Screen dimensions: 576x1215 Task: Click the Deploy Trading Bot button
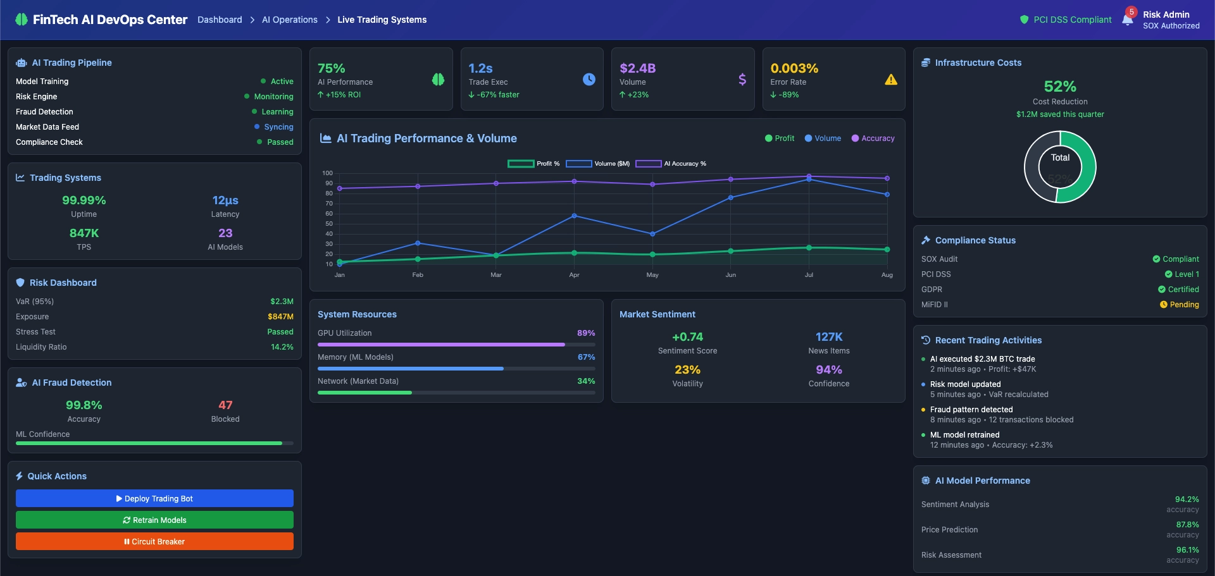click(154, 498)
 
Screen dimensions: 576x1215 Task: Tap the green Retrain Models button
click(154, 520)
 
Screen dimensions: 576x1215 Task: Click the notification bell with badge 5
click(1128, 19)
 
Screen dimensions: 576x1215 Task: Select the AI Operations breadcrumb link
click(289, 20)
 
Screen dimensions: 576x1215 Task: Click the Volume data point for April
click(574, 216)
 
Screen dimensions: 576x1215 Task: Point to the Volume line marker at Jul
click(809, 180)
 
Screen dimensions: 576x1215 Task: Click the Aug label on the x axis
click(887, 275)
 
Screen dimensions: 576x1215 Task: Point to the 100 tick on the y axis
click(327, 173)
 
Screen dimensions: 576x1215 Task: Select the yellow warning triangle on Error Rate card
click(891, 80)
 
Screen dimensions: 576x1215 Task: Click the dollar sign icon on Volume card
click(742, 80)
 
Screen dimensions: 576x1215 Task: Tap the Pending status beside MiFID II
click(1180, 305)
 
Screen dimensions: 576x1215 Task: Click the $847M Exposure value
click(280, 317)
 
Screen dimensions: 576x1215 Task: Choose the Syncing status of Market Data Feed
click(278, 127)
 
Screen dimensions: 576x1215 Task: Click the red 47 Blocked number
click(225, 405)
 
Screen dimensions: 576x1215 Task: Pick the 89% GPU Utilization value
click(586, 333)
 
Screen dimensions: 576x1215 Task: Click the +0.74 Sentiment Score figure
click(687, 337)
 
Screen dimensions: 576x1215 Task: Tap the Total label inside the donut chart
click(1060, 158)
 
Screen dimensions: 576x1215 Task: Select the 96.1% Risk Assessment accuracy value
click(1187, 550)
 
